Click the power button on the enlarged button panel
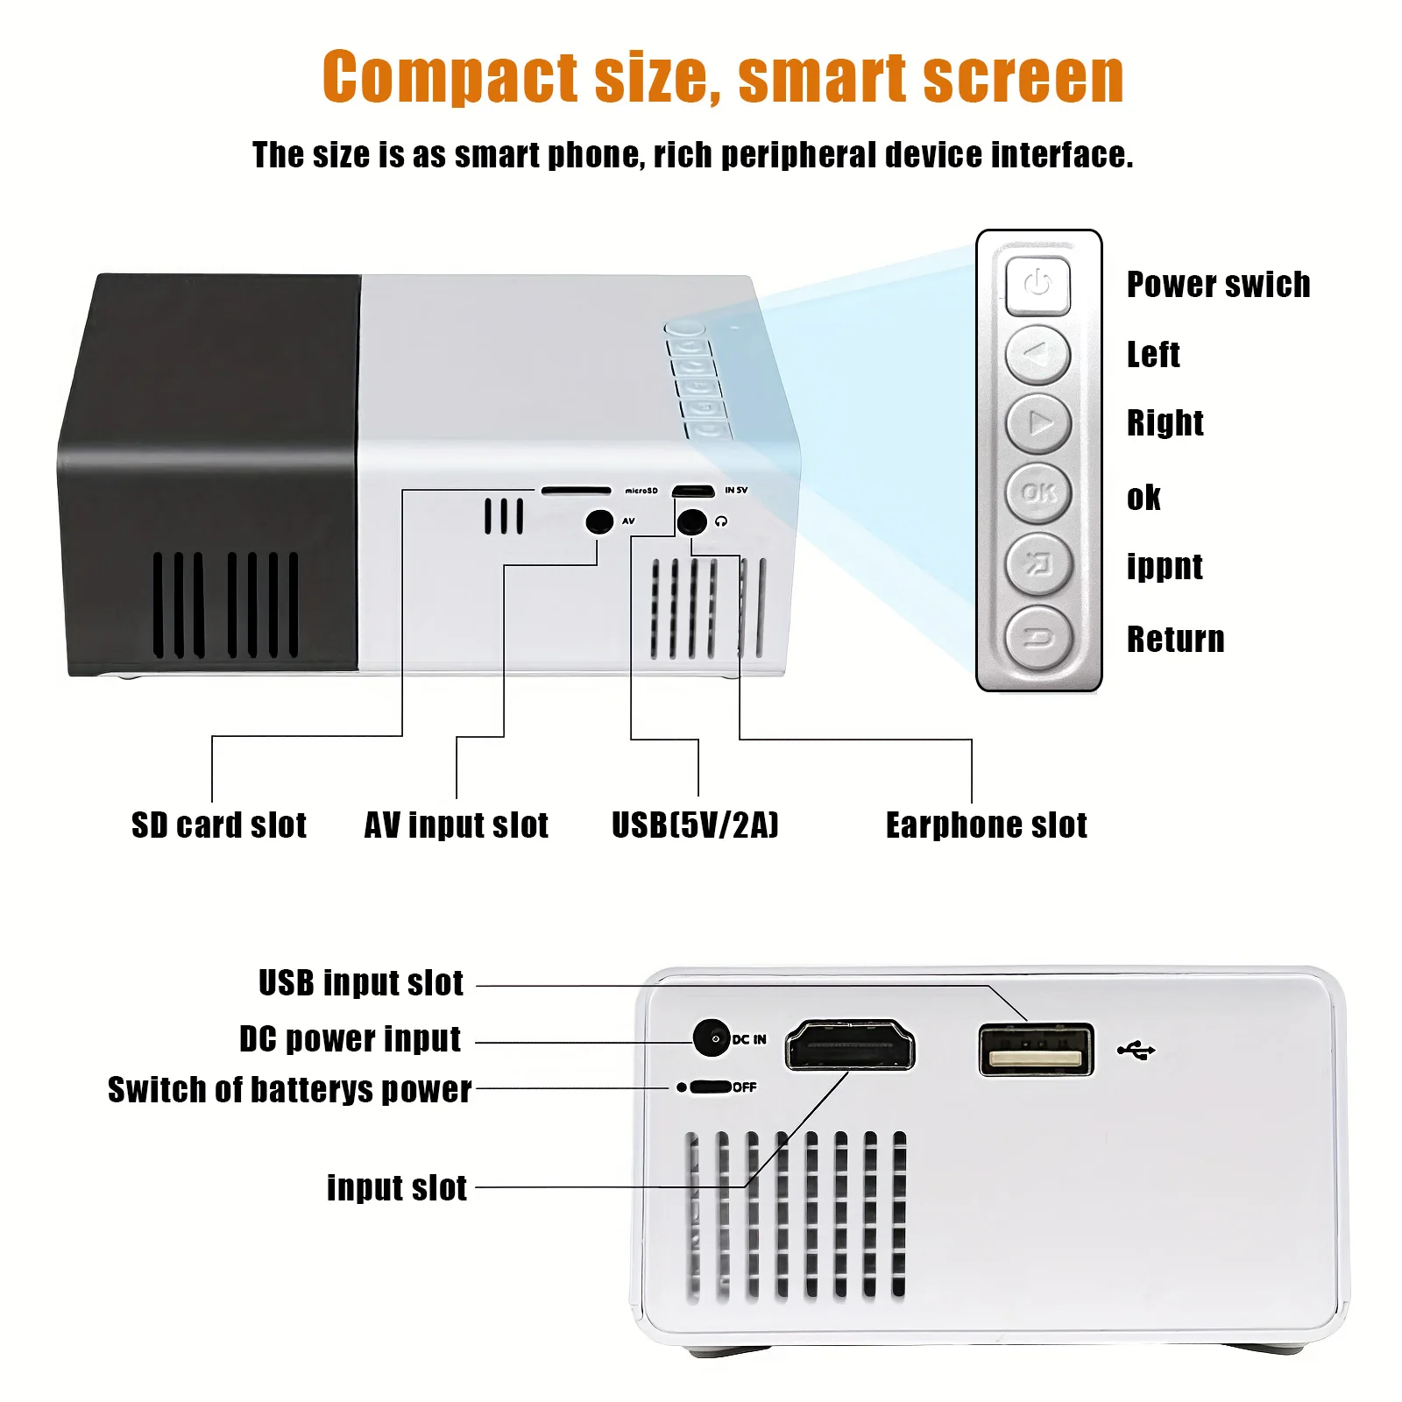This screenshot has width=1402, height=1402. [x=1037, y=285]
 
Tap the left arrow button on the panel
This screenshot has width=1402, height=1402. [x=1037, y=355]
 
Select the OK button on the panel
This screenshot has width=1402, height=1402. [x=1038, y=493]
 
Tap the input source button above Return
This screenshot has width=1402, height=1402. [x=1038, y=564]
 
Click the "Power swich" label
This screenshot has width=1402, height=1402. [x=1218, y=285]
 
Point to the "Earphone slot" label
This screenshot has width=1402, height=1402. [x=986, y=825]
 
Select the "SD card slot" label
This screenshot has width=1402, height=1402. [x=219, y=825]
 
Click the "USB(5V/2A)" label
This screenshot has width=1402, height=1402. [x=695, y=825]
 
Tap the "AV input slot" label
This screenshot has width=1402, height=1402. [x=457, y=825]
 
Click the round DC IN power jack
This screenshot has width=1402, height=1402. [x=712, y=1038]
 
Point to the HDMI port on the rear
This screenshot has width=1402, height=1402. [x=849, y=1046]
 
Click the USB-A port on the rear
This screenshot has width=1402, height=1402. [x=1037, y=1050]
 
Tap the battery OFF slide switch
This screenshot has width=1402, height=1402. [x=710, y=1087]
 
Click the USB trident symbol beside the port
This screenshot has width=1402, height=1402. [x=1136, y=1049]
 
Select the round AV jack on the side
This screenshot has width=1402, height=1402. [x=599, y=522]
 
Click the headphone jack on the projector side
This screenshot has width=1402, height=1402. [x=692, y=522]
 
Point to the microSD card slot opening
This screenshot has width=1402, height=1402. [x=576, y=491]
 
